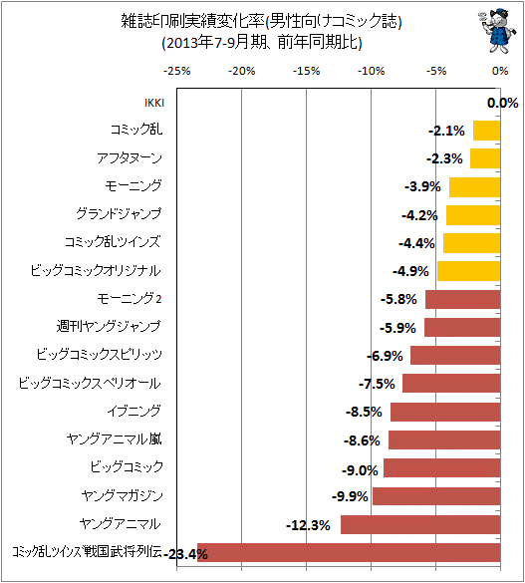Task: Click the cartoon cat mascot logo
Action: click(x=497, y=32)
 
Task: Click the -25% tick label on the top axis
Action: click(x=177, y=71)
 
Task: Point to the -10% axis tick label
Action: click(x=372, y=71)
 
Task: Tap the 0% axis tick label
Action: click(x=500, y=71)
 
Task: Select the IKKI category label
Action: click(x=154, y=103)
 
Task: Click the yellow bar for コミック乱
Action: click(x=487, y=131)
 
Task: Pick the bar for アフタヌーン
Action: click(x=485, y=158)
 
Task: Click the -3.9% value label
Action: click(x=422, y=186)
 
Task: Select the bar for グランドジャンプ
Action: click(x=473, y=215)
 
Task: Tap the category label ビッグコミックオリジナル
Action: click(x=96, y=270)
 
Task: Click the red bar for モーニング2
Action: click(x=463, y=299)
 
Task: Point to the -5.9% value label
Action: click(x=397, y=328)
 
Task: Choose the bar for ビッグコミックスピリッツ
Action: click(x=455, y=355)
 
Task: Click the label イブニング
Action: click(x=134, y=411)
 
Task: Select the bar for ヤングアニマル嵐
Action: click(x=444, y=439)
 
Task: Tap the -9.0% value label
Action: click(x=360, y=470)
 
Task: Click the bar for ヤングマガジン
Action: click(x=436, y=495)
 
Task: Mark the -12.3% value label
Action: click(x=308, y=525)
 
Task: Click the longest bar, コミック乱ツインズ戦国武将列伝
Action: click(x=349, y=552)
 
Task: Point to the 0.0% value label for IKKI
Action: click(x=502, y=103)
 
